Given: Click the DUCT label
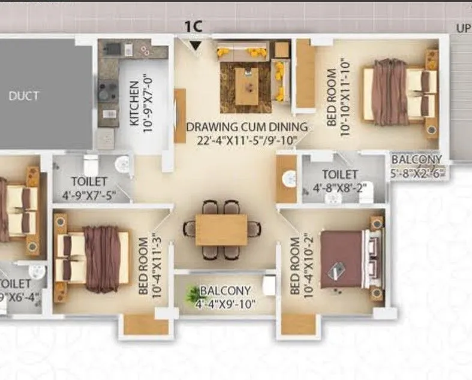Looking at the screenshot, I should (x=24, y=95).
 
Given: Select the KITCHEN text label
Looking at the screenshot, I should (x=134, y=103).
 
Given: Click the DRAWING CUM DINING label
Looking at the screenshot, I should (x=246, y=127).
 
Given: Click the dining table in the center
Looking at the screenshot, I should (x=221, y=230).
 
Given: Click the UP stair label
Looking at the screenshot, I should (x=462, y=28).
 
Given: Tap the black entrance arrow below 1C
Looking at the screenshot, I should (x=194, y=46).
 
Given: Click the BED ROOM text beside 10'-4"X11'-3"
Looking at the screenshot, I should (x=143, y=266).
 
